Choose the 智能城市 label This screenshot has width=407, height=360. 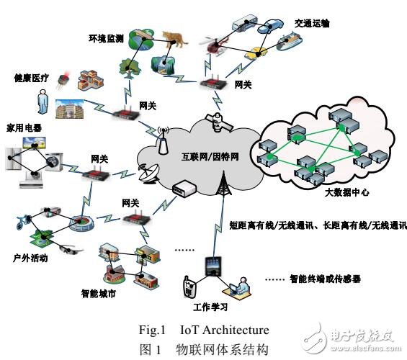(97, 294)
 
